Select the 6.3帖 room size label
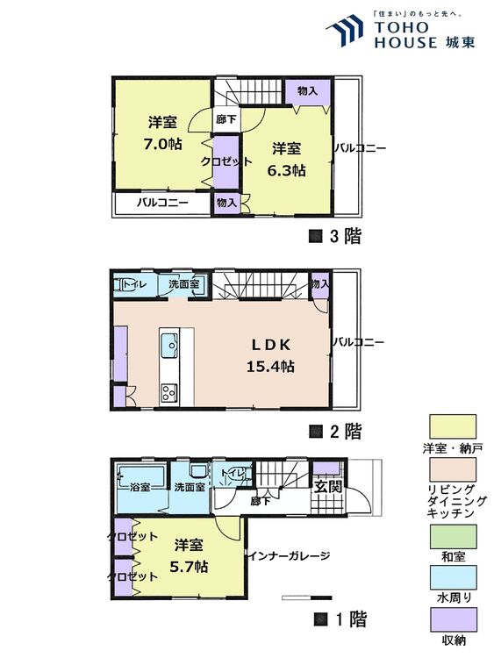coord(286,170)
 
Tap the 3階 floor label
coord(335,235)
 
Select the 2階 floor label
coord(335,431)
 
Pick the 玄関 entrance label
coord(329,488)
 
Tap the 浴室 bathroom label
coord(141,486)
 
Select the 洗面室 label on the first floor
coord(189,487)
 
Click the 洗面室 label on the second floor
coord(183,285)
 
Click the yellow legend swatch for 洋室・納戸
coord(453,427)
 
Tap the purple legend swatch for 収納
coord(453,620)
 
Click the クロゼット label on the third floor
coord(226,161)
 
